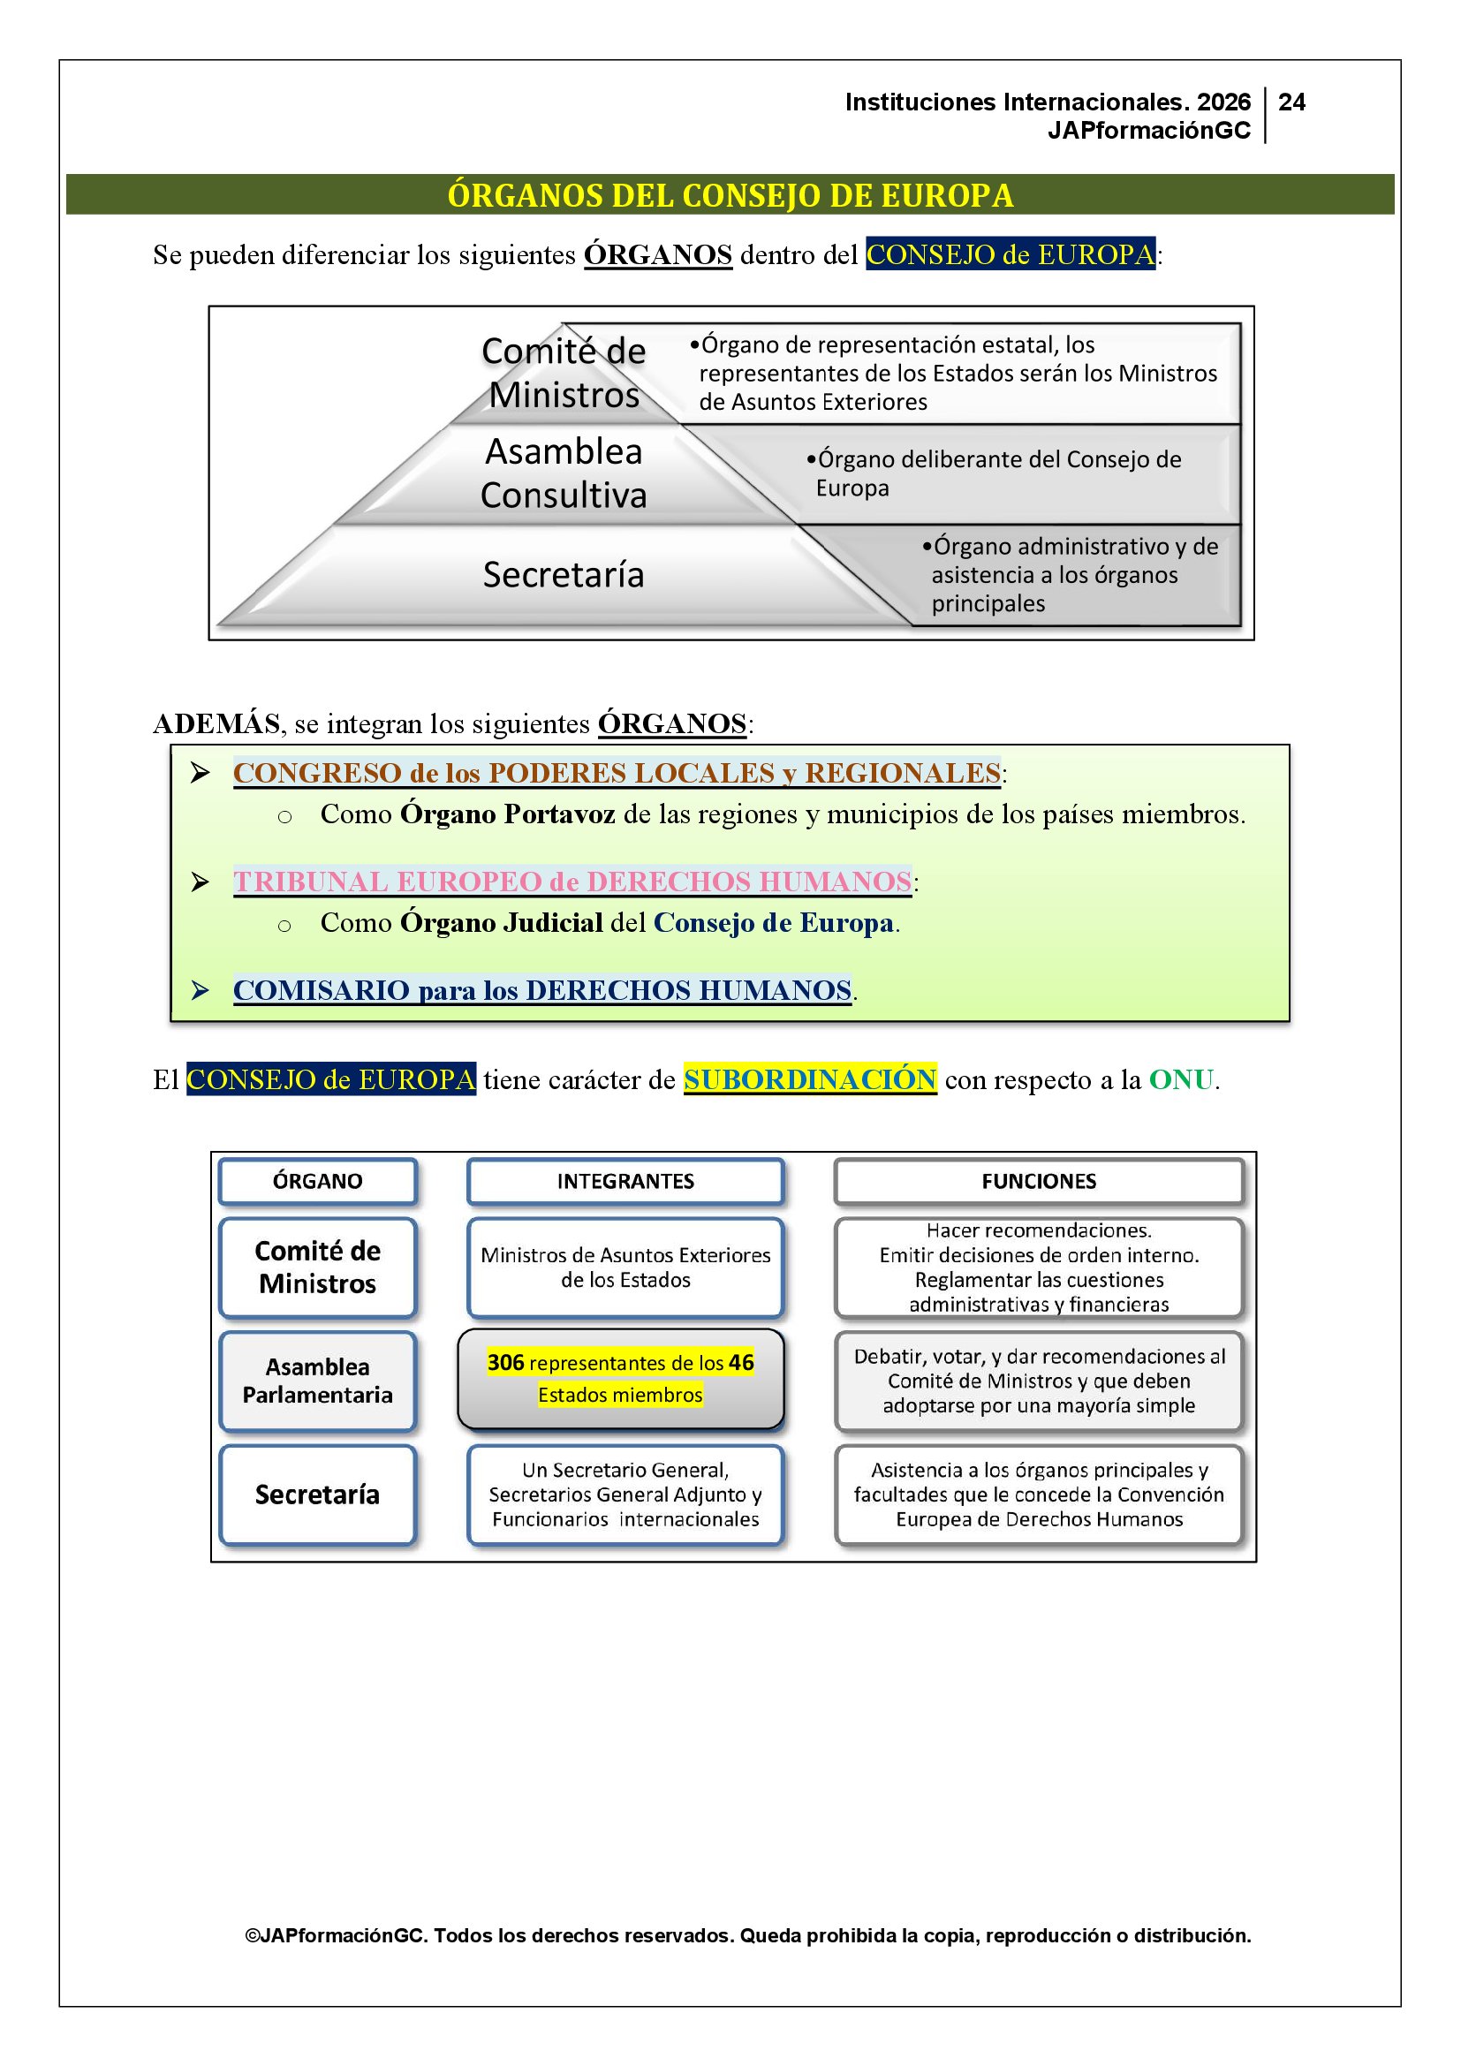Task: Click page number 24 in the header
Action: coord(1291,102)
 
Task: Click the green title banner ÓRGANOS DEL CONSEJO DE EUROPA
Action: coord(730,195)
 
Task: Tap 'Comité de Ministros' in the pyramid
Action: coord(564,373)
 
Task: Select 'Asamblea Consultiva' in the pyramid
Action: coord(564,473)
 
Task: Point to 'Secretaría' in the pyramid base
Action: coord(564,575)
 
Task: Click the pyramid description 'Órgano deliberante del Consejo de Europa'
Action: coord(993,473)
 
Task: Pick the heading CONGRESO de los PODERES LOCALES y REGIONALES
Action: coord(617,773)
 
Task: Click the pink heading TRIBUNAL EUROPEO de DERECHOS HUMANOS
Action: coord(572,882)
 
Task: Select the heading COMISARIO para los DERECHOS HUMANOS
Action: coord(541,990)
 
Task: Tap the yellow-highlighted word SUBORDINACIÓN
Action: coord(810,1078)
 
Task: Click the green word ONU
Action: coord(1181,1078)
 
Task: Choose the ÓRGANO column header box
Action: coord(318,1182)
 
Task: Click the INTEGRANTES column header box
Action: coord(625,1182)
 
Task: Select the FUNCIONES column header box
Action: coord(1038,1182)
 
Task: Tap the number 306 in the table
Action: coord(505,1362)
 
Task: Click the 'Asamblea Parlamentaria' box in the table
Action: coord(318,1381)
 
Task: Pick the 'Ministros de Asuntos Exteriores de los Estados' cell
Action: coord(625,1268)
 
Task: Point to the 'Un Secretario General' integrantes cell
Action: coord(625,1495)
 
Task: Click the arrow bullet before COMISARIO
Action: coord(200,991)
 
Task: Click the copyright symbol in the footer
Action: coord(252,1935)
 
